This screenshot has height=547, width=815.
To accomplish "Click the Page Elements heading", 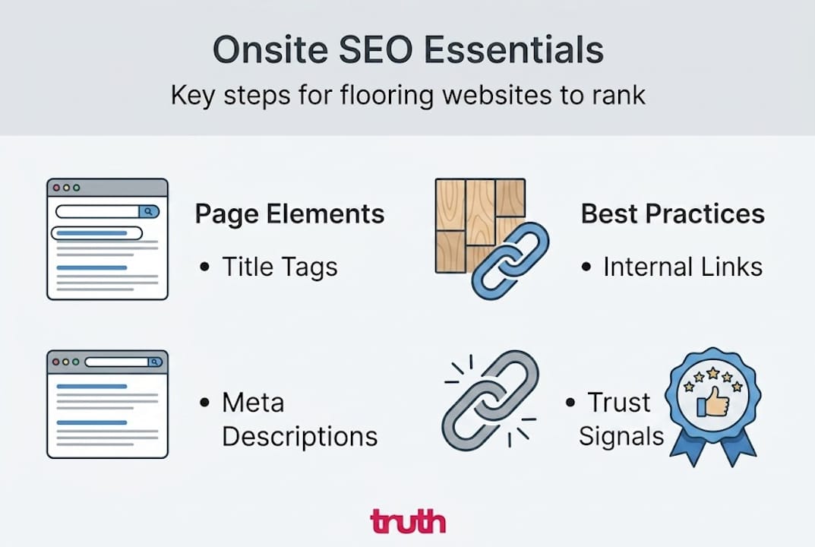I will click(x=289, y=214).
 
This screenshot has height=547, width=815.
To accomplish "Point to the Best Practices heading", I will click(x=672, y=214).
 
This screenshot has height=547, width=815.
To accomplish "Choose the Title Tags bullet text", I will click(x=279, y=267).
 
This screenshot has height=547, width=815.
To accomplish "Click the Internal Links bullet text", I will click(x=682, y=267).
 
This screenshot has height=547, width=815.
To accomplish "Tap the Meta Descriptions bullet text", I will click(x=299, y=419).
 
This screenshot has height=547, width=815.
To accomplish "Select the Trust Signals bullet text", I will click(x=621, y=419).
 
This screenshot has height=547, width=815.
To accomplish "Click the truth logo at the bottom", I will click(x=407, y=522).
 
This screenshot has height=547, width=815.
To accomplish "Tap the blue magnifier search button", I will click(x=149, y=212).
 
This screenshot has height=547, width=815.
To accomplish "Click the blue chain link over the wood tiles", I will click(x=510, y=261).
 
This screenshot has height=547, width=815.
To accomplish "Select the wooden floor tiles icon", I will click(x=471, y=220).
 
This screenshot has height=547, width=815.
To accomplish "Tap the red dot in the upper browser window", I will click(x=55, y=188).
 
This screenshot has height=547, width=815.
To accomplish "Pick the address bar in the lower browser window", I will click(x=121, y=362).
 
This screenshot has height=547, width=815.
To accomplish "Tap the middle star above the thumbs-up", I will click(x=712, y=373).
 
